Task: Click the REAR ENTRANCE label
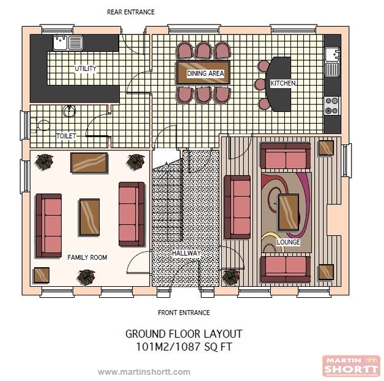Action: pos(131,12)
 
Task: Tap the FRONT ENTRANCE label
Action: pos(183,313)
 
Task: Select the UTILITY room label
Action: pos(86,68)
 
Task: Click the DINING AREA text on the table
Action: pos(205,73)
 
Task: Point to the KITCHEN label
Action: pos(284,83)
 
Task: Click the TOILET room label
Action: pos(66,136)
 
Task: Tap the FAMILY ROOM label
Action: pos(87,257)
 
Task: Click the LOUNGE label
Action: pos(288,242)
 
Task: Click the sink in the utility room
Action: pos(68,42)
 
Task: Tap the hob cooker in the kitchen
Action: pos(331,106)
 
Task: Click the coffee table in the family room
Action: pos(89,216)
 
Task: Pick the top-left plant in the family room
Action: pos(44,161)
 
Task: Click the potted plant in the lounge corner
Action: pos(231,277)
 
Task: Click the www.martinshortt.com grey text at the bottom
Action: pos(144,372)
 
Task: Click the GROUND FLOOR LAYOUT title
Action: pos(183,334)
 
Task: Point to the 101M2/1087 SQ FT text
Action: pos(183,346)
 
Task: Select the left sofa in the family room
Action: pos(49,225)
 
